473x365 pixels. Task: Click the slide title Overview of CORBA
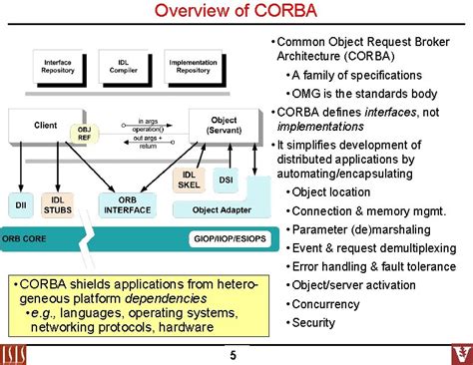point(236,13)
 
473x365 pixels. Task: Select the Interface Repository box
point(57,66)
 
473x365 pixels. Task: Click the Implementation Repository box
point(193,66)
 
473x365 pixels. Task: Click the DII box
point(20,204)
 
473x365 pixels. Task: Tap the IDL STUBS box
point(60,204)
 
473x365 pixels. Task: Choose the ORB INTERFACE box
point(126,203)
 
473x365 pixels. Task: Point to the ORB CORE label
point(24,240)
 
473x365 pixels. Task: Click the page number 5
point(233,355)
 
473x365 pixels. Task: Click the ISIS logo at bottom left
point(20,351)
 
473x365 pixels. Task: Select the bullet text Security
point(313,322)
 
